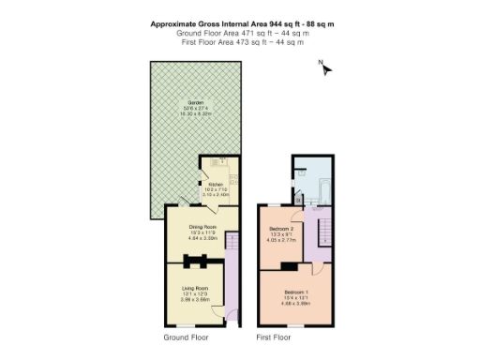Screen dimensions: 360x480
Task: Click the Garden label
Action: [196, 101]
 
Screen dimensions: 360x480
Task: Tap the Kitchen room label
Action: [215, 185]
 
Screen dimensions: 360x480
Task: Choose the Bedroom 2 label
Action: [281, 229]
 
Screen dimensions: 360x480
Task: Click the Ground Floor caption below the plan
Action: [186, 336]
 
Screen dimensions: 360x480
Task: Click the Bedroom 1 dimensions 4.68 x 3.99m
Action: [295, 303]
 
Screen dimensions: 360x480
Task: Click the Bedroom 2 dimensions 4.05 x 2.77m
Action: [281, 241]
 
